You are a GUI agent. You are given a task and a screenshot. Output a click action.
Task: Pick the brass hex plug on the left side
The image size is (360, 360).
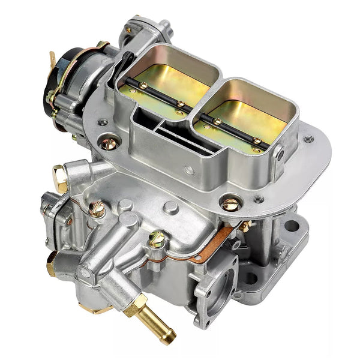[61, 178]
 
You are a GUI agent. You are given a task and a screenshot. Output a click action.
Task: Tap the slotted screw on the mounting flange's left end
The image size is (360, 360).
[109, 143]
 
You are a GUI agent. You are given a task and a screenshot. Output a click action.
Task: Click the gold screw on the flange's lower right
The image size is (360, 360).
[230, 204]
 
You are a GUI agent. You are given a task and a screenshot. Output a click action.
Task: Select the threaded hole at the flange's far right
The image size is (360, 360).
[308, 139]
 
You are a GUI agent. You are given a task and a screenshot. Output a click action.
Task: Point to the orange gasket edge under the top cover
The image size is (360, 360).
[207, 246]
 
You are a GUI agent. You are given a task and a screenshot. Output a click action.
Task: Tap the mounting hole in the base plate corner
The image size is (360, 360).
[292, 226]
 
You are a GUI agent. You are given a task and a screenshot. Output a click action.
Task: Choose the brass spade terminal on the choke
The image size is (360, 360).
[53, 60]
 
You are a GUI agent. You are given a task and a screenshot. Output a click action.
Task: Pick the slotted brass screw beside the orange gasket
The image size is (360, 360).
[157, 240]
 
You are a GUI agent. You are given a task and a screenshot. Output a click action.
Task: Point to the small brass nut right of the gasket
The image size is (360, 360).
[245, 226]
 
